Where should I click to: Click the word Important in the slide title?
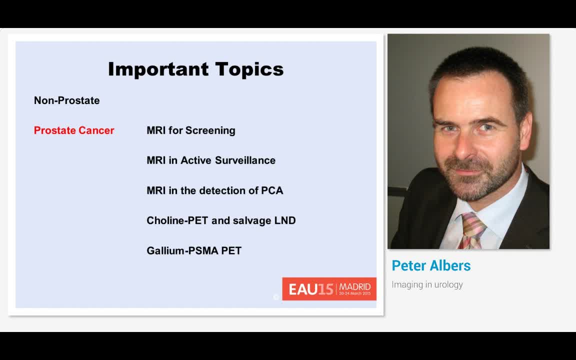158,69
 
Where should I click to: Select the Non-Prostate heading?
66,100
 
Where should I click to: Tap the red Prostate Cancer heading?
74,130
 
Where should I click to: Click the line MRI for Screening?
190,130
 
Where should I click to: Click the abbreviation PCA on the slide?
272,190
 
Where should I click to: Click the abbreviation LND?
285,220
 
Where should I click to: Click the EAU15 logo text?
310,289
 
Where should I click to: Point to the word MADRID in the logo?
355,286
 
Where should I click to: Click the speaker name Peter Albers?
431,265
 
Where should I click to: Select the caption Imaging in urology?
427,284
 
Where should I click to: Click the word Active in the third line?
196,160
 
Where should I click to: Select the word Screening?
210,130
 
